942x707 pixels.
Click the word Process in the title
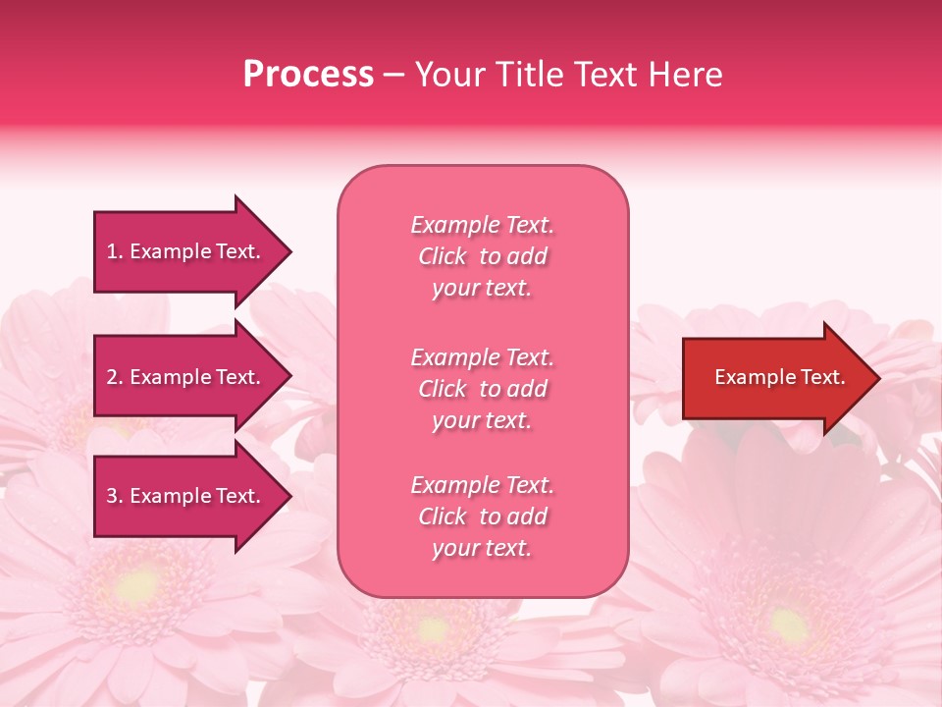coord(308,75)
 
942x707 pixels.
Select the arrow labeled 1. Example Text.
coord(186,251)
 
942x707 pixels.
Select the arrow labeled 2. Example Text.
coord(186,377)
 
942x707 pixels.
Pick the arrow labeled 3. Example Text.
coord(186,496)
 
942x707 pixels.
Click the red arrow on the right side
coord(775,378)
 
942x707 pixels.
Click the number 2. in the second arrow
coord(114,377)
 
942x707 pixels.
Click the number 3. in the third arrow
coord(114,496)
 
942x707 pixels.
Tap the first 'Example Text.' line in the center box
coord(482,225)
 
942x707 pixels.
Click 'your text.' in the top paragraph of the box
coord(482,289)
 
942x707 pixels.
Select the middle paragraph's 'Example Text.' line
coord(482,357)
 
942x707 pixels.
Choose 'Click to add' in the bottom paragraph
coord(482,517)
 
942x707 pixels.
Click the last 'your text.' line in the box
coord(482,549)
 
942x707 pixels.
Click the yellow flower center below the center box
coord(432,628)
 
